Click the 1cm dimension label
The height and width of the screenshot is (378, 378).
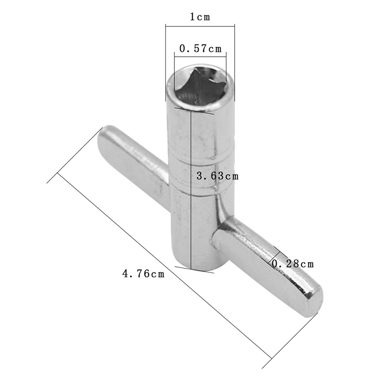coord(200,17)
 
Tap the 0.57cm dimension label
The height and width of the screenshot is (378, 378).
coord(200,49)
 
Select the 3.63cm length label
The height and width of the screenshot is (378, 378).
coord(217,176)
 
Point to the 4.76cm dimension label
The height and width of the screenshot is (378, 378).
coord(144,274)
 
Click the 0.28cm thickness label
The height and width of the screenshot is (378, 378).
coord(292,264)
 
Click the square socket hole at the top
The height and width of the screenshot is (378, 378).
coord(200,85)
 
